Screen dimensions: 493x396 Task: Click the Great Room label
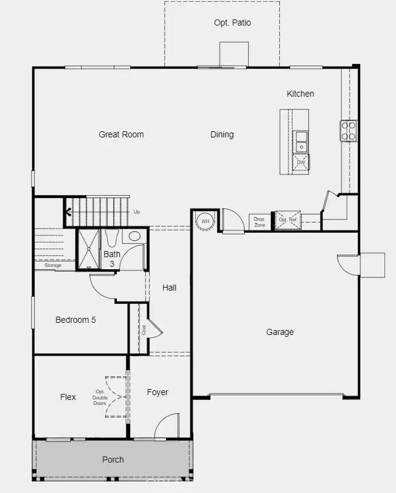click(x=121, y=134)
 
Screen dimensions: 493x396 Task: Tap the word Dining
click(x=222, y=134)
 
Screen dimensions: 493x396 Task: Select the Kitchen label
click(x=300, y=94)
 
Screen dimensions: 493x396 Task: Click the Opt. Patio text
click(x=232, y=22)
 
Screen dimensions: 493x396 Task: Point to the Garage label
click(x=280, y=332)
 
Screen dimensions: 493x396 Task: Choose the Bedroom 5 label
click(x=75, y=320)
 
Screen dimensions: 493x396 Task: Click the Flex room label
click(x=68, y=397)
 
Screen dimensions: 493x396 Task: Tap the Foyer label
click(x=158, y=392)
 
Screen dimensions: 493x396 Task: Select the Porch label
click(x=113, y=460)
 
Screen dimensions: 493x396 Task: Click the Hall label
click(x=169, y=288)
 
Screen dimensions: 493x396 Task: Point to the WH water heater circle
click(x=205, y=221)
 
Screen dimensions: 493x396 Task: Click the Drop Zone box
click(x=260, y=222)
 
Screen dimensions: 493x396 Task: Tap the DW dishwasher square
click(x=300, y=162)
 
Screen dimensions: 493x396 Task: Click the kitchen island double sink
click(x=301, y=142)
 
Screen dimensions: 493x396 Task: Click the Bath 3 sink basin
click(x=134, y=236)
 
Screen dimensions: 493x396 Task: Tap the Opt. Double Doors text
click(x=100, y=398)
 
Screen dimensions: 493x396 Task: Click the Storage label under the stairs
click(x=53, y=266)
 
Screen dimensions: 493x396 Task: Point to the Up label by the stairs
click(x=136, y=212)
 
